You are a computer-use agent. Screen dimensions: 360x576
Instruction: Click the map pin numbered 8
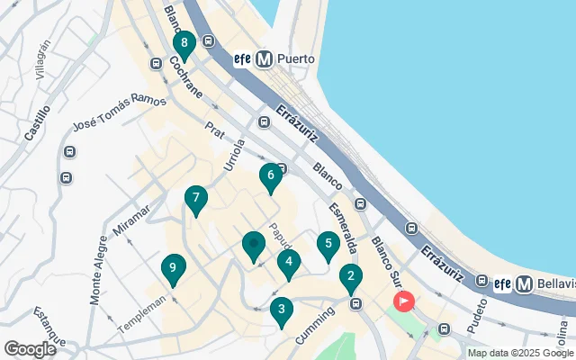point(184,44)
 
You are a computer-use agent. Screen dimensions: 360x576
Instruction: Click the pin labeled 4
point(288,265)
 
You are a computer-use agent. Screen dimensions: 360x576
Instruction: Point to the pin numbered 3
point(282,311)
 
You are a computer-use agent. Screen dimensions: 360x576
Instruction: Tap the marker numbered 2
point(351,278)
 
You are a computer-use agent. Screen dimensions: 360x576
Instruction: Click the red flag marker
point(404,301)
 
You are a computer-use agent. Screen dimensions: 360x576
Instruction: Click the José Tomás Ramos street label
point(120,112)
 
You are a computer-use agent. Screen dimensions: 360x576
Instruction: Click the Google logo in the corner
point(30,349)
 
